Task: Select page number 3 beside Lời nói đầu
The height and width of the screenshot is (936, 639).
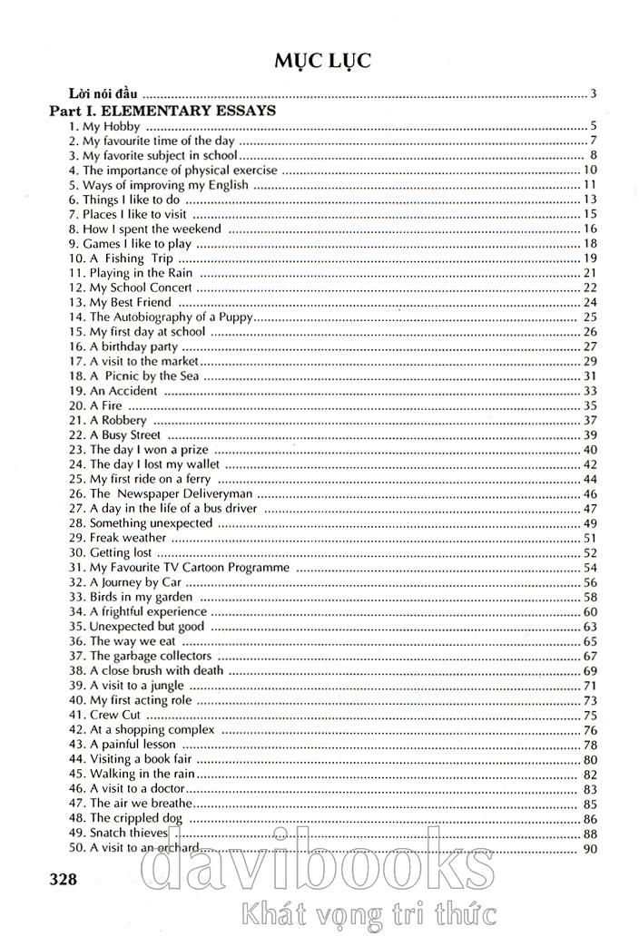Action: click(x=592, y=93)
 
